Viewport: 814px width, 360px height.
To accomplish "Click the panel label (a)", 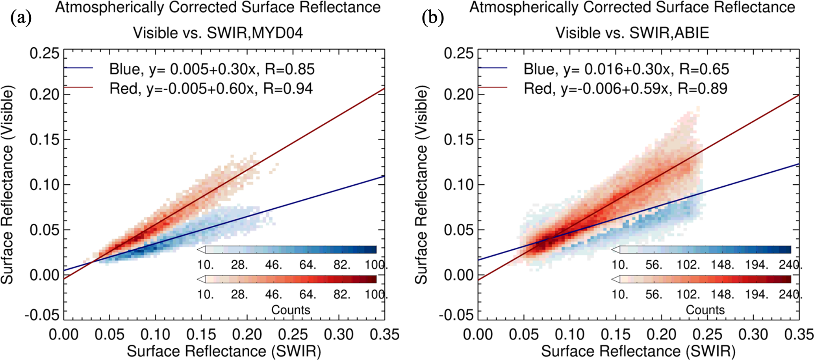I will [21, 18].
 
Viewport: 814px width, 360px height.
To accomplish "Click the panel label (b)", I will [433, 18].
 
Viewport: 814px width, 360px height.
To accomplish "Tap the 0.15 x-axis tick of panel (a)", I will [202, 335].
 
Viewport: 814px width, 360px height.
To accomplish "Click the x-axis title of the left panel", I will [224, 351].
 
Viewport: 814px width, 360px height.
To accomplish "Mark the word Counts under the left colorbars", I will [291, 310].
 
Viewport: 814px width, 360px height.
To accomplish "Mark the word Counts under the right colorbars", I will [705, 310].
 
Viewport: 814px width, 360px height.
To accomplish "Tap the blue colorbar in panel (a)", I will [291, 250].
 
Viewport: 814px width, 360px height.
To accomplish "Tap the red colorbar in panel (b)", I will [705, 279].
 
